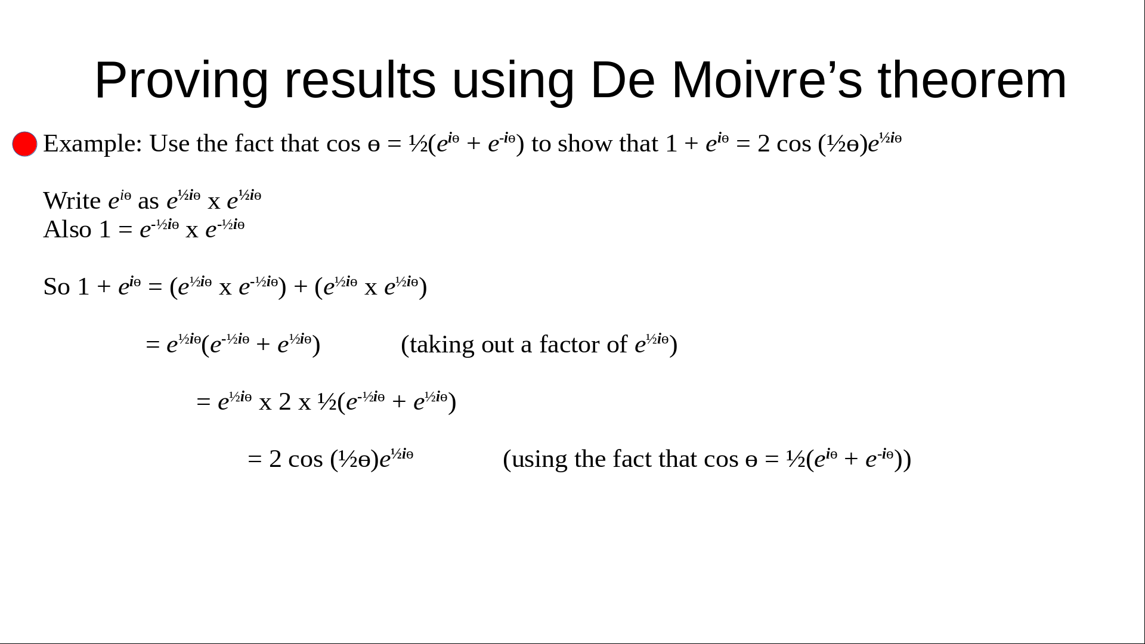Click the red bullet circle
point(24,144)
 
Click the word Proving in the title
point(181,81)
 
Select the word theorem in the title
point(972,80)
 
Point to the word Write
point(72,201)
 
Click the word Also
point(67,230)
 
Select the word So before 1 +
point(57,287)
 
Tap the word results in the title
point(360,80)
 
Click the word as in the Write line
point(148,202)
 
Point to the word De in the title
point(623,80)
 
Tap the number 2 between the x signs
point(285,402)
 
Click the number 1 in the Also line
point(105,230)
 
